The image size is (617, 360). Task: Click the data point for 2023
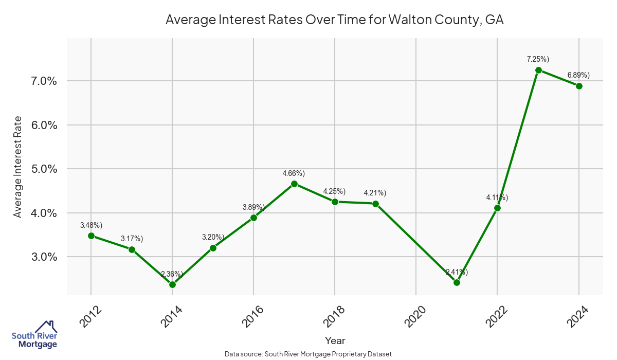click(538, 70)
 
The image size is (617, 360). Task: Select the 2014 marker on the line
click(172, 284)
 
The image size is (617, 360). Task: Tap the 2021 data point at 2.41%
click(457, 282)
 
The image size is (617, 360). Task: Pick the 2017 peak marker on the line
click(294, 184)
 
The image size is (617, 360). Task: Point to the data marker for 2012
click(91, 236)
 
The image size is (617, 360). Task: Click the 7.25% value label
click(538, 60)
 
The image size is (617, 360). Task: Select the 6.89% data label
click(578, 75)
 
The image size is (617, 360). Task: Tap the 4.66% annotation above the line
click(294, 173)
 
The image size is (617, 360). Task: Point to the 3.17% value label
click(132, 239)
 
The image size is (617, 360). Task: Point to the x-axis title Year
click(335, 340)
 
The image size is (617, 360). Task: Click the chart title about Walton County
click(334, 20)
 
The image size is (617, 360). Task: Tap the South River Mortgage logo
click(34, 335)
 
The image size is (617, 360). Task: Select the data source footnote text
click(308, 354)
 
